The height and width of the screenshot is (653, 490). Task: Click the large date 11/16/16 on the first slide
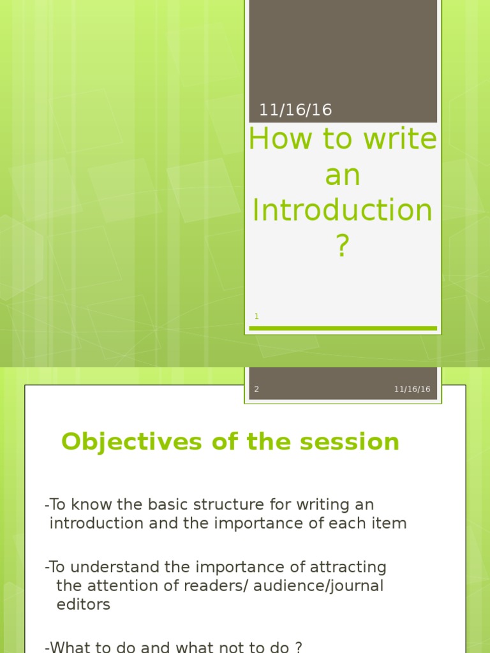tap(295, 110)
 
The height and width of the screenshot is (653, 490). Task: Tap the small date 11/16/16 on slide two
tap(412, 389)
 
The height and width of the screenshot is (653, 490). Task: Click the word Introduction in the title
tap(343, 210)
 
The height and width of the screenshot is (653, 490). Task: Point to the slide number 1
tap(256, 316)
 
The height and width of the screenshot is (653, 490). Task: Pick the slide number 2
tap(256, 389)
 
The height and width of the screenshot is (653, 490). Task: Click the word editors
tap(84, 605)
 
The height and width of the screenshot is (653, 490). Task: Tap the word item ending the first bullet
tap(391, 524)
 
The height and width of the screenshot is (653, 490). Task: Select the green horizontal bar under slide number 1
tap(343, 328)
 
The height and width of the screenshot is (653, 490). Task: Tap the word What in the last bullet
tap(68, 647)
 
